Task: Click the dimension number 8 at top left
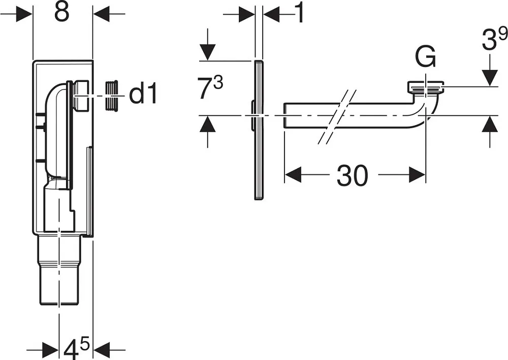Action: (62, 12)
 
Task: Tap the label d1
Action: (143, 94)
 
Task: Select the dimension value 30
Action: (352, 175)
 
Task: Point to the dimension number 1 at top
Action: (300, 13)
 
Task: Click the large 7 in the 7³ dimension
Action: (206, 89)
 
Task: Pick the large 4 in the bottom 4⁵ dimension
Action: (71, 350)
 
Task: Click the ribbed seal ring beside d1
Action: (111, 96)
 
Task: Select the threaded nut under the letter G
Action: (425, 87)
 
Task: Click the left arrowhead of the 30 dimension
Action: (293, 175)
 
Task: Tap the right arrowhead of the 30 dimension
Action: (417, 175)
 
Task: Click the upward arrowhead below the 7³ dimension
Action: (207, 124)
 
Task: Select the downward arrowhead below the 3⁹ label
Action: (490, 78)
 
